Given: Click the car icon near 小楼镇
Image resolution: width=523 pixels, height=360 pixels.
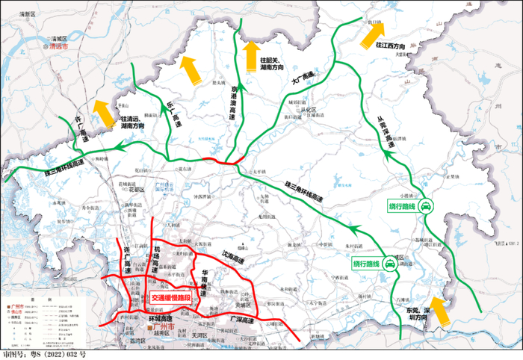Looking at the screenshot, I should point(425,208).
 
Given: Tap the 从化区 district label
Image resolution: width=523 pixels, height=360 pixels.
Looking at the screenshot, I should point(306,108).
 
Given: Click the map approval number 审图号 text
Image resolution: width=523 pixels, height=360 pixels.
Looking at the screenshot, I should point(44,354).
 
